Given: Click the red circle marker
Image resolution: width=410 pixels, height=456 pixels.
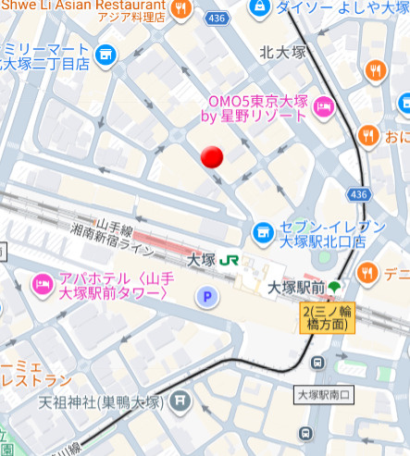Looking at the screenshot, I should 214,158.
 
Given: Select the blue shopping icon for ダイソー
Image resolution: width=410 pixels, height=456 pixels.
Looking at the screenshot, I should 263,6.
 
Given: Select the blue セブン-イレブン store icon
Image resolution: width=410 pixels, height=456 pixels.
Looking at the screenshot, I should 263,229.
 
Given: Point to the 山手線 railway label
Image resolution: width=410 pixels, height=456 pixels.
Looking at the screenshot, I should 117,226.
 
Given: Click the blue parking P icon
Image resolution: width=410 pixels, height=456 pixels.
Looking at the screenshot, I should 208,296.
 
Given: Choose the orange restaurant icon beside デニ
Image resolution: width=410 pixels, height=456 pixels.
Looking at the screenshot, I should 367,273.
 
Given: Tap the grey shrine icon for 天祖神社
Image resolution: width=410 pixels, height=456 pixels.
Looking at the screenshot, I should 180,402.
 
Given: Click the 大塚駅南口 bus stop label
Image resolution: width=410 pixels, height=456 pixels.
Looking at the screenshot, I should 324,395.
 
